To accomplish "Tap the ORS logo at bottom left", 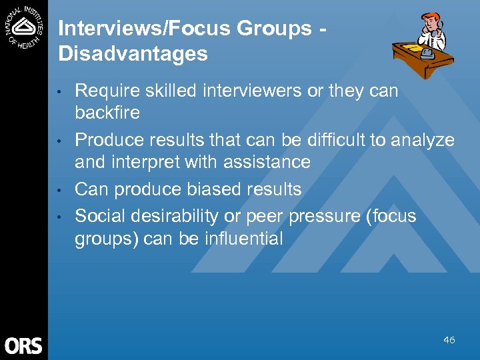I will [x=23, y=345].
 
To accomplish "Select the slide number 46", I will [x=449, y=340].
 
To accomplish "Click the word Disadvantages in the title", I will [x=133, y=54].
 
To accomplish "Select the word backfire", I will [x=107, y=113].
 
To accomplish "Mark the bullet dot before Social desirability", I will [x=60, y=217].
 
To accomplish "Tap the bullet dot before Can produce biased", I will [x=60, y=190].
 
